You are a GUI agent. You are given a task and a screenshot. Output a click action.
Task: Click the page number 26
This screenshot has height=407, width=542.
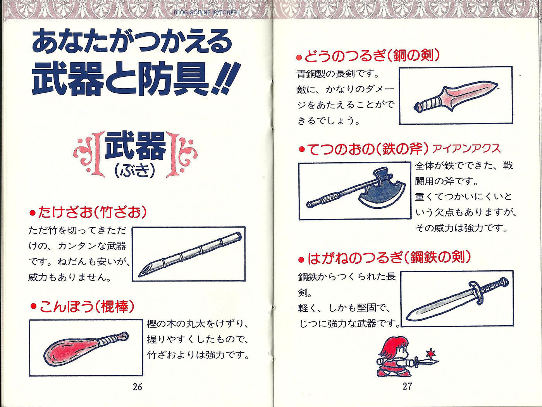click(137, 387)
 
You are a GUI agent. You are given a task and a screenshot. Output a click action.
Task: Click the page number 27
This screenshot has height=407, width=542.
click(407, 386)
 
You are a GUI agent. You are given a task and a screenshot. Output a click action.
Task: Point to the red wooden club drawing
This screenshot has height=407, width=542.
click(86, 347)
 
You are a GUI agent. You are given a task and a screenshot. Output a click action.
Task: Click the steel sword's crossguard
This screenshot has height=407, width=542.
click(476, 294)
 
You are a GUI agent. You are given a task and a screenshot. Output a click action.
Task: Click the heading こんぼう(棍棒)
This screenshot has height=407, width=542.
click(83, 307)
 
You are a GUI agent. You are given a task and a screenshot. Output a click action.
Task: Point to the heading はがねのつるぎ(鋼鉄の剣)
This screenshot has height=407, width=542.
click(385, 258)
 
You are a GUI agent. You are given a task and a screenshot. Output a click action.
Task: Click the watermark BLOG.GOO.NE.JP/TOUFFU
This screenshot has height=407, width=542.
click(206, 12)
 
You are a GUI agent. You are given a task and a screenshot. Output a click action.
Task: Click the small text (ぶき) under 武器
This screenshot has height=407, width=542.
click(135, 170)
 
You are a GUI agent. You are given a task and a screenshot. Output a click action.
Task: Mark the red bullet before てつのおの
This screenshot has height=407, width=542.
click(302, 149)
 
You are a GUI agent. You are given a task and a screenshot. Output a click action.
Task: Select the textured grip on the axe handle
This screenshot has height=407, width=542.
click(331, 197)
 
